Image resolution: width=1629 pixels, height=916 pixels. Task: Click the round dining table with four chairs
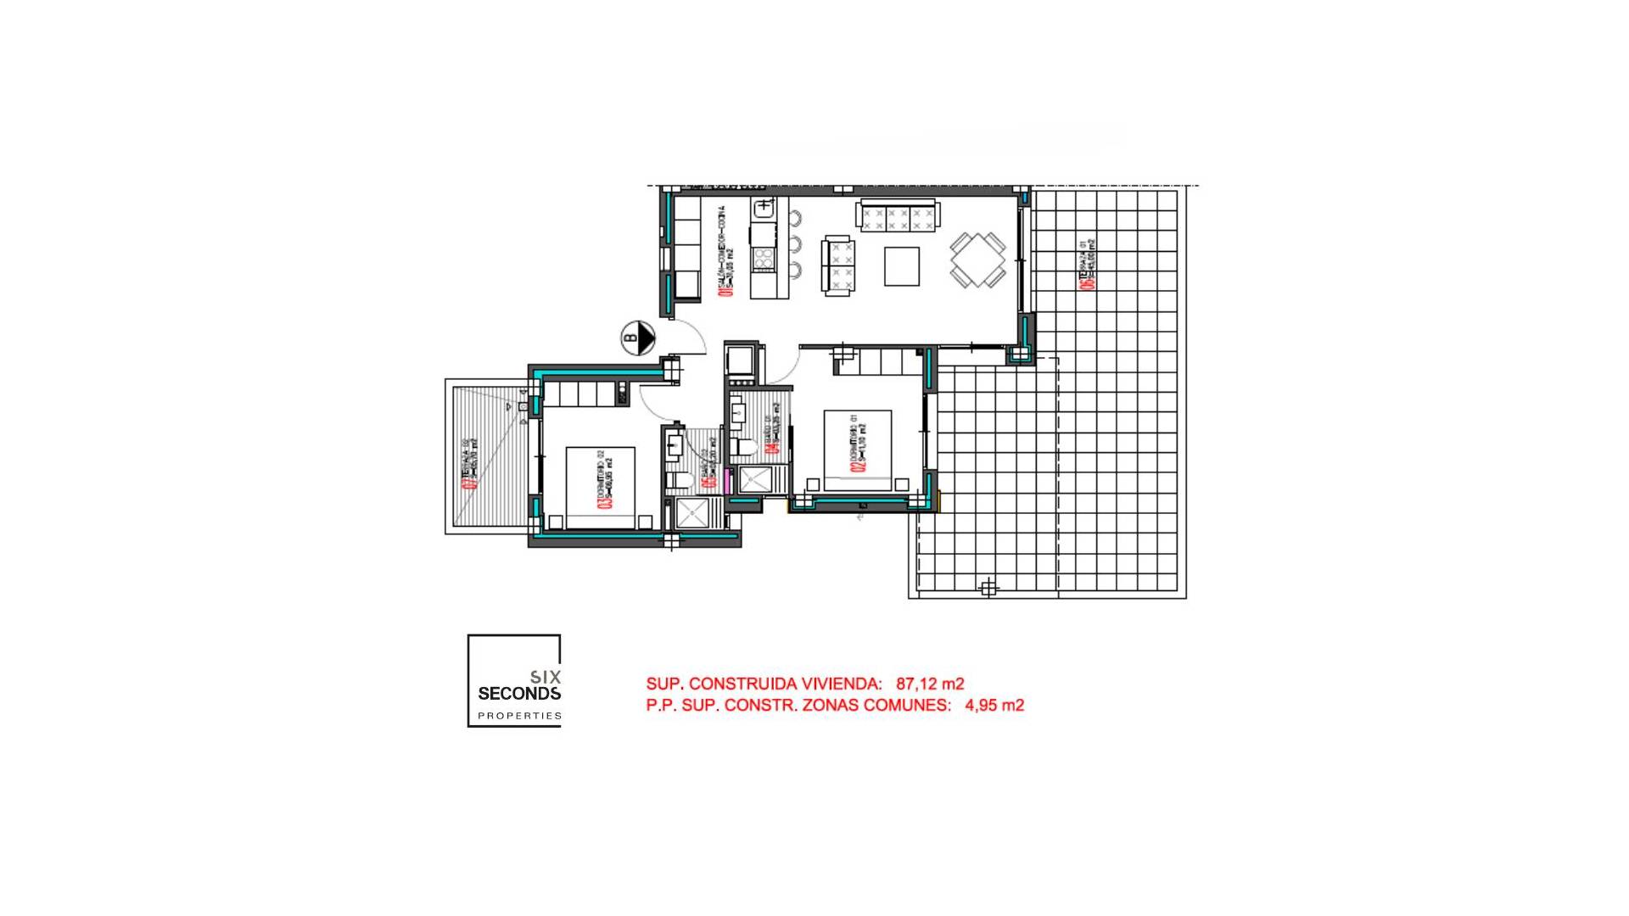(977, 260)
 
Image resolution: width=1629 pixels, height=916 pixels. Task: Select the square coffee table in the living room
(901, 265)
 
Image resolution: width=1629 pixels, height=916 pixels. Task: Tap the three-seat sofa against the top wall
(898, 216)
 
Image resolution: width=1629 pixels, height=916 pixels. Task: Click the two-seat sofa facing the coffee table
(838, 265)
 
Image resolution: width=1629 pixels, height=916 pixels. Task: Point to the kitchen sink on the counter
(764, 206)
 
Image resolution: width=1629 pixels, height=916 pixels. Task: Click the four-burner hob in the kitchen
(764, 258)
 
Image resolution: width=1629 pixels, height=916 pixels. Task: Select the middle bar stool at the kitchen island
(796, 245)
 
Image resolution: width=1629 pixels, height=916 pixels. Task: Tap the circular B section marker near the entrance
(637, 338)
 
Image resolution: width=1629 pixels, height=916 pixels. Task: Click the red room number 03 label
(605, 500)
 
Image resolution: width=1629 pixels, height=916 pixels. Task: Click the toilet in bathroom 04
(746, 447)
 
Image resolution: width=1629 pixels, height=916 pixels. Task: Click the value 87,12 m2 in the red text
(930, 684)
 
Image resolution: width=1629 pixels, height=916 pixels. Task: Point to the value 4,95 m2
(994, 705)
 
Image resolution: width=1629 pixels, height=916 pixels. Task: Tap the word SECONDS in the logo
(518, 693)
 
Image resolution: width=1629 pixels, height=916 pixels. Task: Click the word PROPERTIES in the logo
(518, 716)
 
